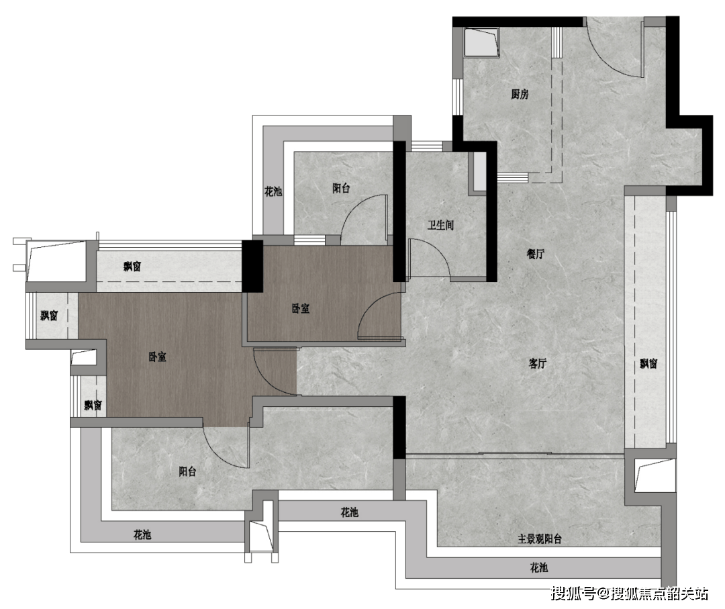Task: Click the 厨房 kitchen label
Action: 520,94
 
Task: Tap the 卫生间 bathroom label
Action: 440,225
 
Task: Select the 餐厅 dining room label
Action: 536,253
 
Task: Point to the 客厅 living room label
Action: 537,363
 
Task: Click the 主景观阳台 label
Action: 540,538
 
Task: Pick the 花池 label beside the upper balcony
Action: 273,191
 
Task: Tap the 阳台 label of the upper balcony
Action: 341,188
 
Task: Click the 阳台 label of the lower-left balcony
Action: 187,471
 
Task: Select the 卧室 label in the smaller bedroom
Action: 301,308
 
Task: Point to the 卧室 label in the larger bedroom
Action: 157,357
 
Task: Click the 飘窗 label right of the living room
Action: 648,363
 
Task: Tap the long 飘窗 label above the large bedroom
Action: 132,267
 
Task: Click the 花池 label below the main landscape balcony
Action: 538,567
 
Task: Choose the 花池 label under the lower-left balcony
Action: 142,535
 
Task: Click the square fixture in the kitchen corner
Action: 481,42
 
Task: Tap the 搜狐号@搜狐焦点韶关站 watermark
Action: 629,594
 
